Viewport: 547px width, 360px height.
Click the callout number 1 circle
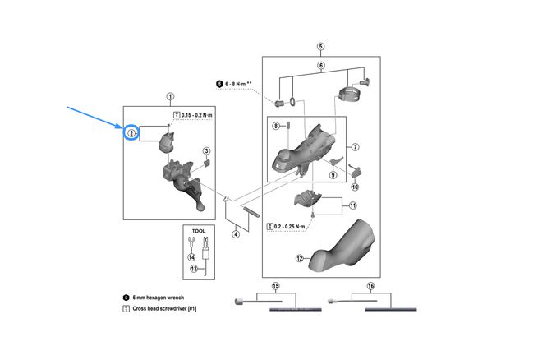[170, 96]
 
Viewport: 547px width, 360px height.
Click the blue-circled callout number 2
[131, 133]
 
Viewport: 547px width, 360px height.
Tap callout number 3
[206, 151]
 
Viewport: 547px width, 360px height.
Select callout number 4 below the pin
[236, 234]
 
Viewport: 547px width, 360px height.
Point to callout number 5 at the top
[320, 47]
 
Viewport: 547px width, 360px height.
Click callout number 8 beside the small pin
[276, 126]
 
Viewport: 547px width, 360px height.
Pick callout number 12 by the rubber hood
[299, 258]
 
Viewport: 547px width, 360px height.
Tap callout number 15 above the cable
[276, 286]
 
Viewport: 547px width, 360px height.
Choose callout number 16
[370, 286]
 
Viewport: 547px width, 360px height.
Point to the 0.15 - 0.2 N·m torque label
[197, 115]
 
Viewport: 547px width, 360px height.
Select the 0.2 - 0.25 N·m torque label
[289, 227]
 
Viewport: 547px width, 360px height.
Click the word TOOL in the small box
[199, 231]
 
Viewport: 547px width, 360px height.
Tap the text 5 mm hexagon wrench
[158, 298]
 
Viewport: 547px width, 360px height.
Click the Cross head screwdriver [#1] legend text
[164, 309]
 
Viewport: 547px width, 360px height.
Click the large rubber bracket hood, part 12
[343, 248]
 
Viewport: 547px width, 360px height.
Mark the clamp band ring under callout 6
[350, 94]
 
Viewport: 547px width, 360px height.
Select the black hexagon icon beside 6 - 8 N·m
[219, 84]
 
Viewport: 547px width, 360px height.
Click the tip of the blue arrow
[123, 127]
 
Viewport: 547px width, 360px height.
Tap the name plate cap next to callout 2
[167, 142]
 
